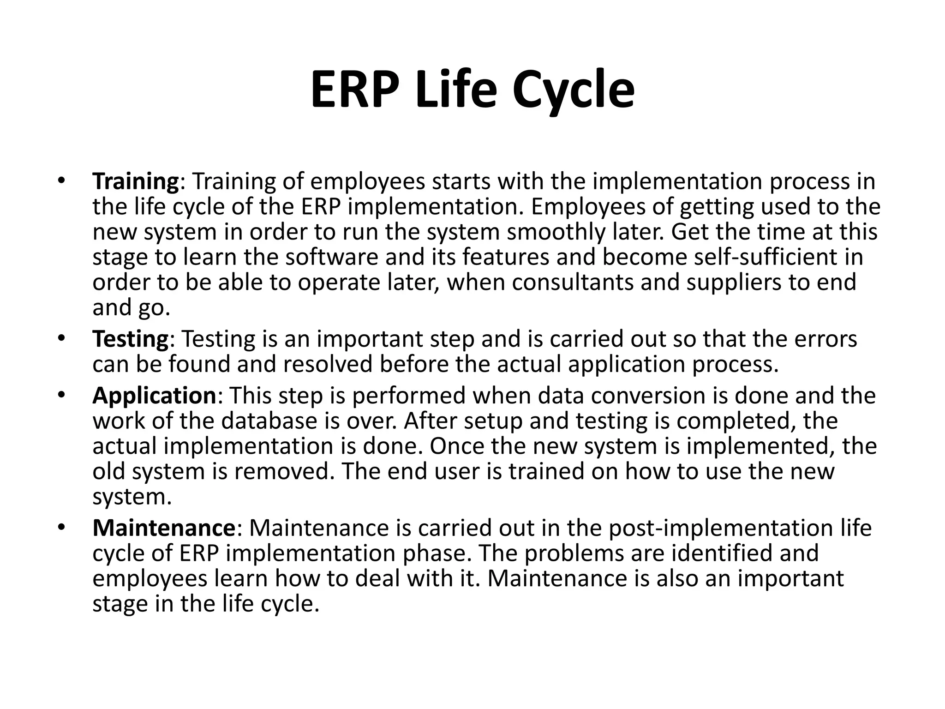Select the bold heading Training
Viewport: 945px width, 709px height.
coord(135,181)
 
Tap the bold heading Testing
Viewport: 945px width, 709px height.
coord(131,339)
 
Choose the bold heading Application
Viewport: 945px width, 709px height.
coord(154,396)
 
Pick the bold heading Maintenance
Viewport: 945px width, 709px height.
coord(164,528)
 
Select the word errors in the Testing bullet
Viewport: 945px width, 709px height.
coord(825,339)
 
